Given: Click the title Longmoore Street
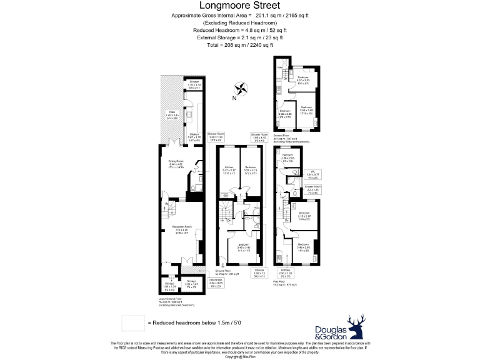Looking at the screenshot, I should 240,6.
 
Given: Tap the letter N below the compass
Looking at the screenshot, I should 234,98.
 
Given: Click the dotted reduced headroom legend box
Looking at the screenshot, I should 132,322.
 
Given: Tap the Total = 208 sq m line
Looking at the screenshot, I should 240,45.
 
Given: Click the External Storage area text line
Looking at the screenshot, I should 240,37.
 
